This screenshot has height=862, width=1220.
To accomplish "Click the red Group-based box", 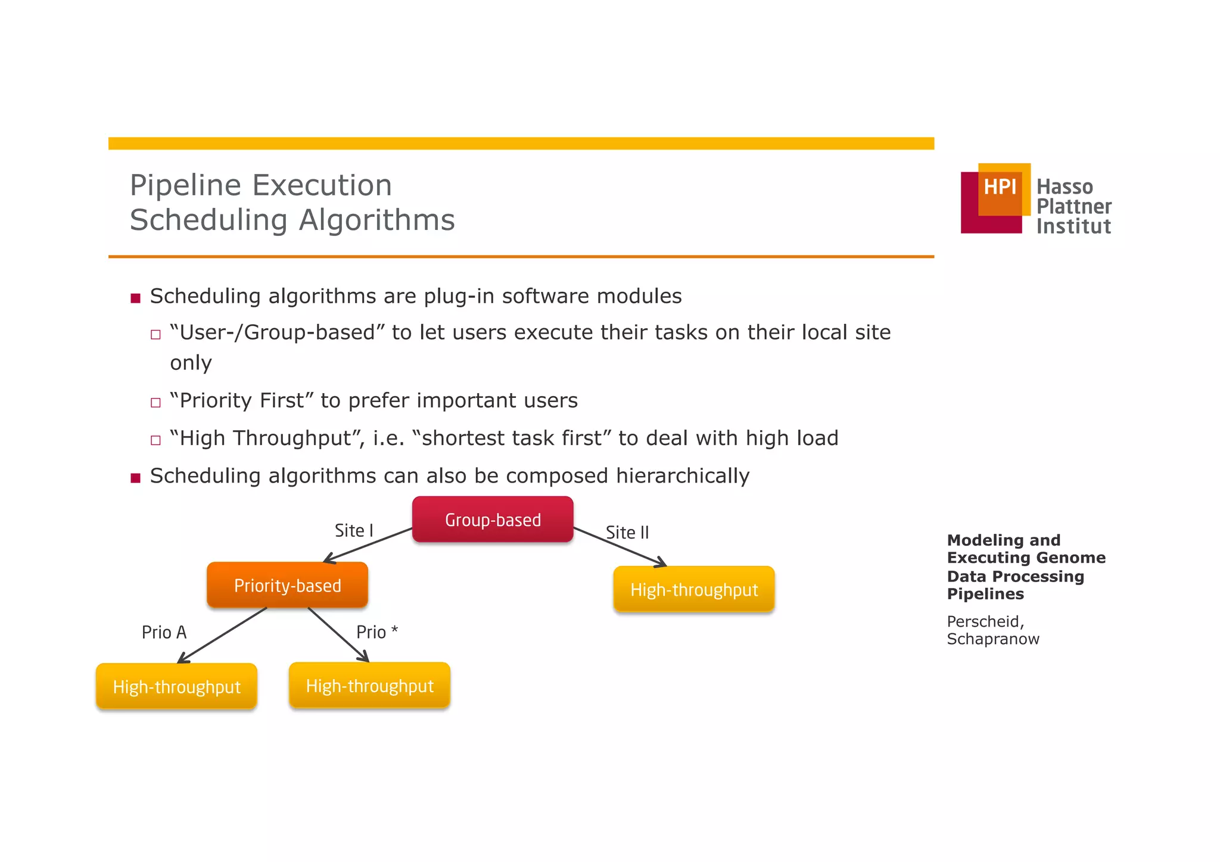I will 493,519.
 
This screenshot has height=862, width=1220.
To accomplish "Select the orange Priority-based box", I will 287,585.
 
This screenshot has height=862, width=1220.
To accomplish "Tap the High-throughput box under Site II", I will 694,589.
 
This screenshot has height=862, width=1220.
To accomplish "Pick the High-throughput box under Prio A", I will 176,686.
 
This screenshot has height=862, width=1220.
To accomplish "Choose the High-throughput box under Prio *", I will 369,685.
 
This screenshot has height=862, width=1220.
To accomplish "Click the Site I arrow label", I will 354,530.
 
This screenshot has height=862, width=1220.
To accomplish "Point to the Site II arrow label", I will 627,532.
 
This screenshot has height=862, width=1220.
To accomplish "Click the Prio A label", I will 164,632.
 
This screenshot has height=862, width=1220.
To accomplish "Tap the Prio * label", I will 376,631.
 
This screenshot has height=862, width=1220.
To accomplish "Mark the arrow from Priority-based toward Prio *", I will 338,634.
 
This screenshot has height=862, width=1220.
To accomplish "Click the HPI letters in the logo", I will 1000,187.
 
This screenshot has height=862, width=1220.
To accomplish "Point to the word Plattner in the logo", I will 1073,206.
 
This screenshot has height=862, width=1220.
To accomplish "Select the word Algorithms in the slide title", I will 376,220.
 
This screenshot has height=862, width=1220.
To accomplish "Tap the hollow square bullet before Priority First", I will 155,402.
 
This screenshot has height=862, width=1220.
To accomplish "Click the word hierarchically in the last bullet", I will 682,475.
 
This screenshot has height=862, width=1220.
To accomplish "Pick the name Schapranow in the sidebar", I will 992,639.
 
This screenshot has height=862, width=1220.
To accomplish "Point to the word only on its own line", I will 191,362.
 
